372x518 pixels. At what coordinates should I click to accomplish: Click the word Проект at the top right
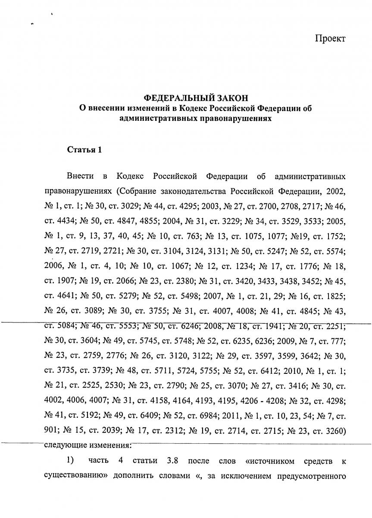coord(330,39)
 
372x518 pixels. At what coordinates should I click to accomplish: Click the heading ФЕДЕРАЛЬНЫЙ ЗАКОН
coord(196,98)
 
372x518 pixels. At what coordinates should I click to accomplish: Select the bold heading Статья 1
coord(84,150)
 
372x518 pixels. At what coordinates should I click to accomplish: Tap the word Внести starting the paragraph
coord(81,177)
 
